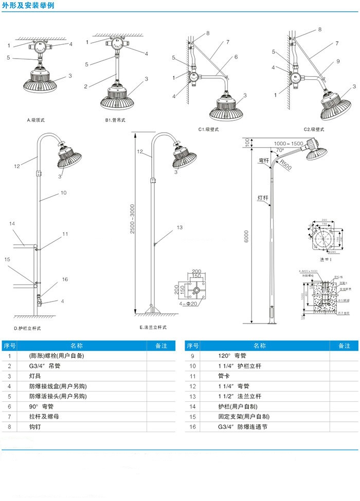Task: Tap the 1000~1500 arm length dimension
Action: (289, 143)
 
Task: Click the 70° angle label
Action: (280, 150)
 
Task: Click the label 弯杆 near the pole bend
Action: (264, 160)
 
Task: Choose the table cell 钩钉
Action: (35, 427)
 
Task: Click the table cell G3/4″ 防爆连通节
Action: (243, 427)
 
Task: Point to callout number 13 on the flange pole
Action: (179, 227)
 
